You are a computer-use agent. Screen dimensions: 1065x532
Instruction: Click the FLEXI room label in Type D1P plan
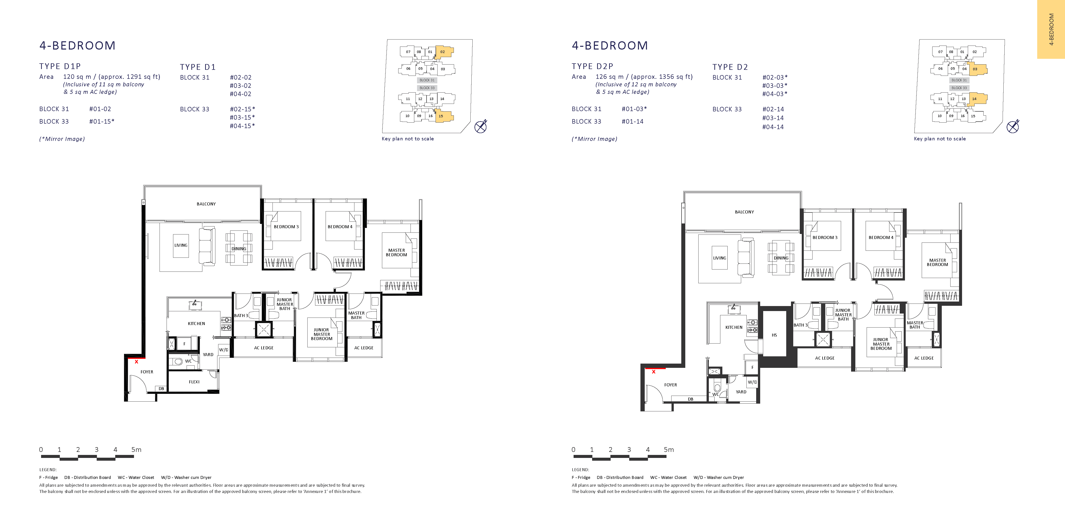coord(194,382)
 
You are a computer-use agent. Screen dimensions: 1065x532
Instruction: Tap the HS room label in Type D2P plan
coord(774,335)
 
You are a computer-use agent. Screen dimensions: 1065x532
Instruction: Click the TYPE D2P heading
coord(592,66)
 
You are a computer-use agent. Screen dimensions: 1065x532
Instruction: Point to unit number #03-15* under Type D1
coord(242,117)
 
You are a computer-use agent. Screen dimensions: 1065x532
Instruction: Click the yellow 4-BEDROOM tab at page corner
coord(1051,29)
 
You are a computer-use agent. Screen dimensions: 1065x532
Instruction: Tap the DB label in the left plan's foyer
coord(161,389)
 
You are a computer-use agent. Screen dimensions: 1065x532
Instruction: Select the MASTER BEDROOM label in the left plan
coord(396,252)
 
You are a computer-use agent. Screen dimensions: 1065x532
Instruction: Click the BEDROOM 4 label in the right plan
coord(881,237)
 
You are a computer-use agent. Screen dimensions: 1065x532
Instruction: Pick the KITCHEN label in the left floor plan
coord(196,323)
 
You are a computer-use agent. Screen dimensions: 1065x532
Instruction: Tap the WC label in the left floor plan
coord(188,361)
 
